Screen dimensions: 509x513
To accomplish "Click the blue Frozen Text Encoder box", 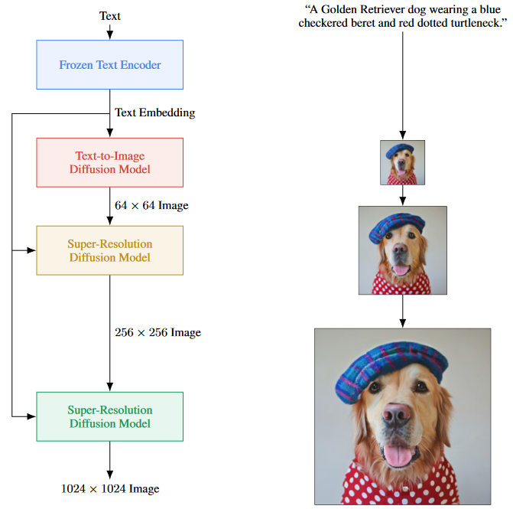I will point(110,65).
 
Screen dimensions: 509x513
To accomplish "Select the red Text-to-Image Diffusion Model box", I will point(110,162).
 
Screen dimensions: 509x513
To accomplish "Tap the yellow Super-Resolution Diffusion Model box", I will point(110,250).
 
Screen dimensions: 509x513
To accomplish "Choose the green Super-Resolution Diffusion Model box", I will point(110,416).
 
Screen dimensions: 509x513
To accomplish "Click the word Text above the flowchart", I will point(110,15).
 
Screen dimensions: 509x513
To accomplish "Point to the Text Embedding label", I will point(154,113).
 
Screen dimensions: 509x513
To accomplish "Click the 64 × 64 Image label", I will point(151,205).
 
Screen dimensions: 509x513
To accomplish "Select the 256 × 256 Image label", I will point(157,333).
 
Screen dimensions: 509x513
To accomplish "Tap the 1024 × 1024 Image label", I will point(110,488).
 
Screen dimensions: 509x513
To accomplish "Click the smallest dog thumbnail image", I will point(402,162).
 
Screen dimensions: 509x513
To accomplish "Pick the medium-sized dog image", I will point(402,250).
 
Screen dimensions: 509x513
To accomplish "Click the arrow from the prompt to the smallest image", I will point(402,84).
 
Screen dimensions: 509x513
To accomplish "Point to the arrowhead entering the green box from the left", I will point(32,416).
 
